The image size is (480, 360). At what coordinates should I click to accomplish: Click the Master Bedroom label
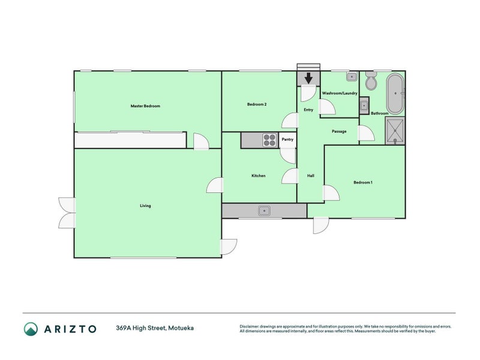point(145,106)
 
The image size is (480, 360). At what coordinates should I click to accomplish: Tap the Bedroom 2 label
point(257,104)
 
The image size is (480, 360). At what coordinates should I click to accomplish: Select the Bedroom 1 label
point(363,182)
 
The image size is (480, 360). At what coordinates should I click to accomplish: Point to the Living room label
point(145,206)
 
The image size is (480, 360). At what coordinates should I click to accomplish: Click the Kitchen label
point(258,176)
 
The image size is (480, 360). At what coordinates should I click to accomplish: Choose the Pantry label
point(287,140)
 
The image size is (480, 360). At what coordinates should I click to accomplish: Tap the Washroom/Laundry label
point(340,94)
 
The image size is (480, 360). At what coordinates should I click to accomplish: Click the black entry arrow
point(308,78)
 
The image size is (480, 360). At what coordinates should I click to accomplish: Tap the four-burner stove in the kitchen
point(269,140)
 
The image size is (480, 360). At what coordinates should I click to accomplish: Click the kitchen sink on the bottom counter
point(264,211)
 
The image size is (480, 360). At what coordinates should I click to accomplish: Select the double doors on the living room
point(67,212)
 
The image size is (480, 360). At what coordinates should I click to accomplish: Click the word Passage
point(339,131)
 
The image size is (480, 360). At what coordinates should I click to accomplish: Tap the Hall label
point(311,176)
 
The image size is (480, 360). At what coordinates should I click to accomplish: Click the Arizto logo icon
point(31,328)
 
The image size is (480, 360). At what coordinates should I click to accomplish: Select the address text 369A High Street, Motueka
point(155,328)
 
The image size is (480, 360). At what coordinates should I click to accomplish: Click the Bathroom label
point(379,113)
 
